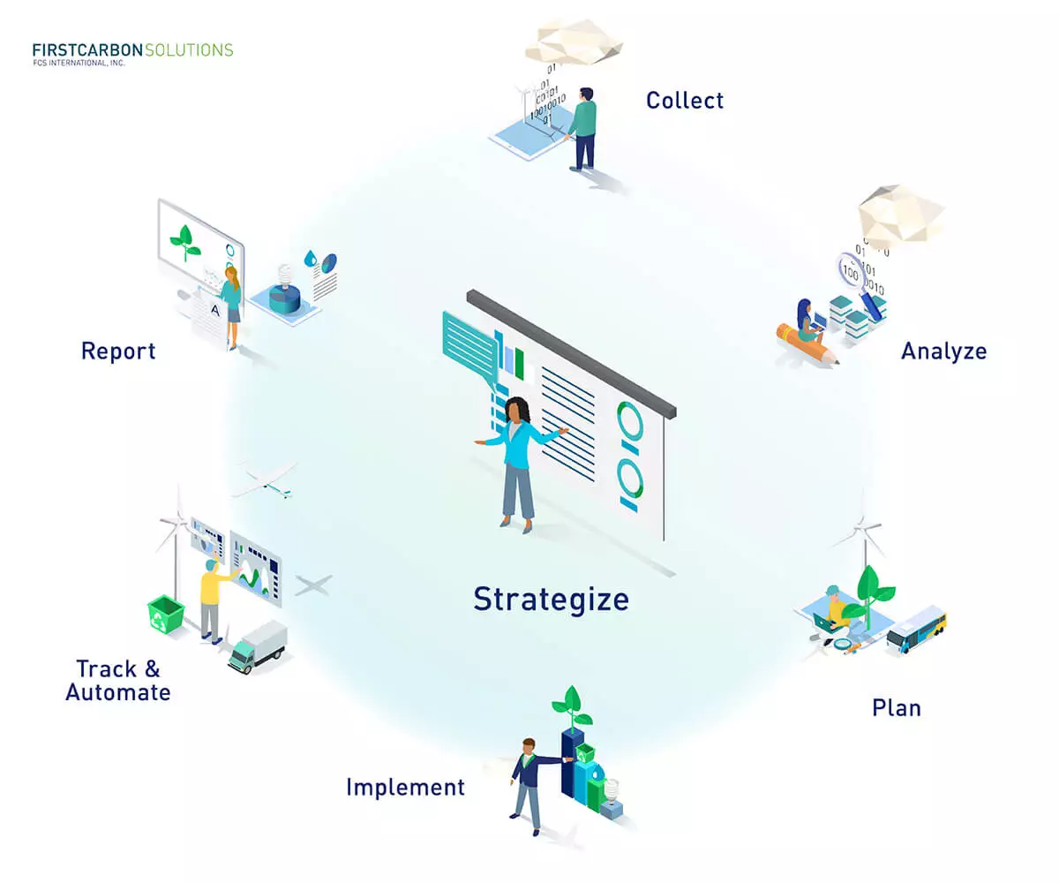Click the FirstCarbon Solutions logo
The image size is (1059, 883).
point(132,54)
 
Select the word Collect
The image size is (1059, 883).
point(685,101)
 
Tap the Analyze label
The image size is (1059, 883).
point(944,351)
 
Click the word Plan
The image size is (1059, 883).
point(897,708)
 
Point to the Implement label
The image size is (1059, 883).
point(405,788)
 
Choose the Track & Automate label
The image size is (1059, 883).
point(118,681)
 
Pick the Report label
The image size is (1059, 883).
point(118,351)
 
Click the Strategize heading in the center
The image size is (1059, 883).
point(551,600)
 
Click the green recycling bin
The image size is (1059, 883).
point(166,614)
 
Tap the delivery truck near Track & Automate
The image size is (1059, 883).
point(258,646)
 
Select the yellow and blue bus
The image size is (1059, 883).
point(917,630)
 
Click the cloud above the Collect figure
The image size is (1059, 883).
point(574,42)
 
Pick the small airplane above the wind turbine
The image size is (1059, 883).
point(266,479)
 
